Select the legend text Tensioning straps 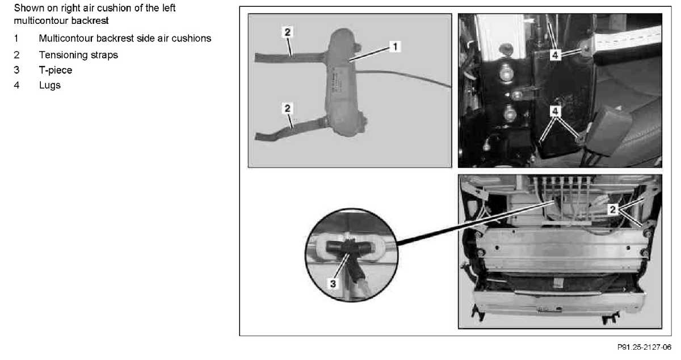pos(78,55)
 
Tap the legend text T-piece pos(56,70)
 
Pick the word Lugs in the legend pos(50,85)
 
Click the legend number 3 pos(16,70)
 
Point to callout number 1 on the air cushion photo pos(395,47)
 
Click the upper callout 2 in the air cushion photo pos(287,32)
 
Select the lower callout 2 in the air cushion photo pos(287,108)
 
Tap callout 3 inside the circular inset pos(333,283)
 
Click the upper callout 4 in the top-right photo pos(555,55)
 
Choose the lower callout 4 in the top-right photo pos(555,111)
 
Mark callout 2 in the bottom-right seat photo pos(612,210)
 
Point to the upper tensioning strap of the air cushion pos(291,57)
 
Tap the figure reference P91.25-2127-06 pos(644,347)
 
